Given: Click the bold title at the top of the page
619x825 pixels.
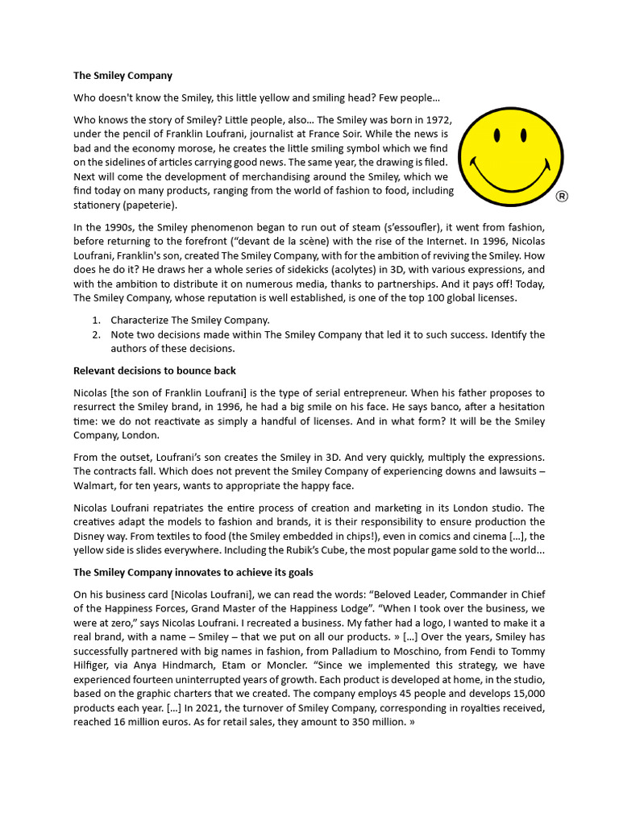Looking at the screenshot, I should tap(123, 76).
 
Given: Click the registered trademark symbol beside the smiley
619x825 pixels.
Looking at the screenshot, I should tap(562, 197).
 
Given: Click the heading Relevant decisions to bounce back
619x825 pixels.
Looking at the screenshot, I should tap(155, 371).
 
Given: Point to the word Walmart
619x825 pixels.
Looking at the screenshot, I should tap(94, 486).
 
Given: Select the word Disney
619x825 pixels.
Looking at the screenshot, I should tap(93, 536).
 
